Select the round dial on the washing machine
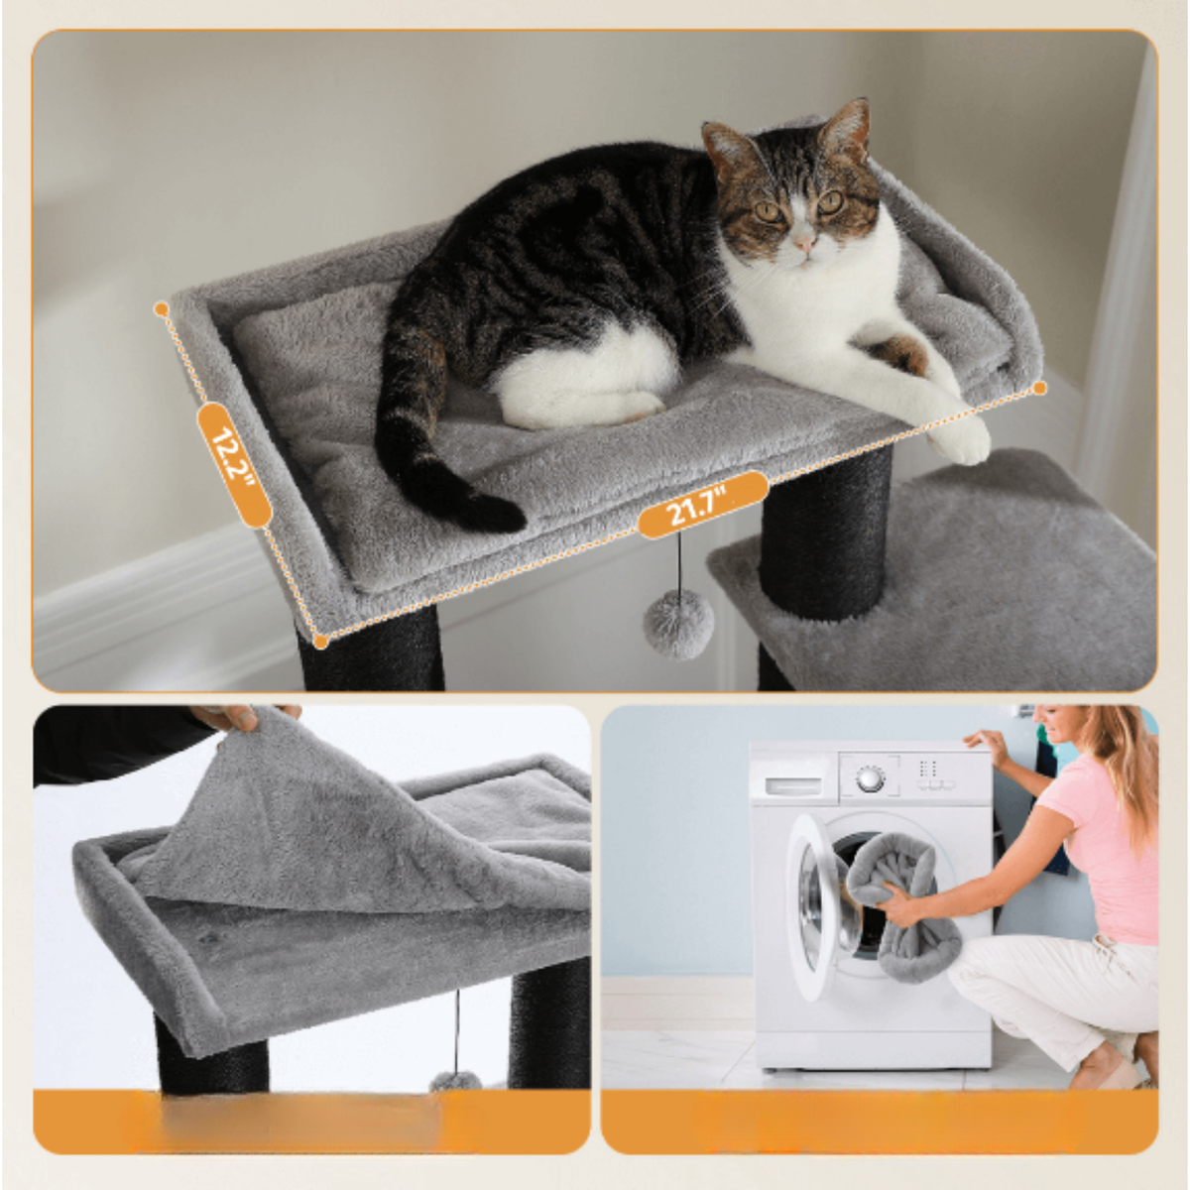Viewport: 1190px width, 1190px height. (x=870, y=778)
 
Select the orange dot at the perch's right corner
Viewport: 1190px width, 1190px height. (x=1039, y=388)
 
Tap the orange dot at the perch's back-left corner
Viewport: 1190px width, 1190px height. (x=162, y=309)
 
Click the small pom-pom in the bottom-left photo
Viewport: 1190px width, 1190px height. (x=455, y=1081)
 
